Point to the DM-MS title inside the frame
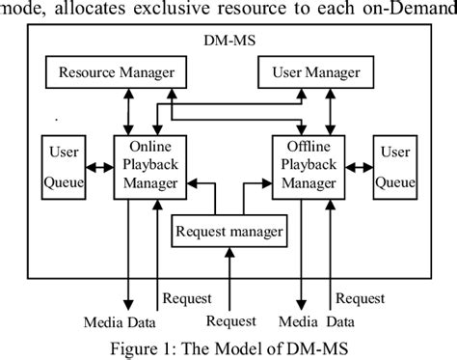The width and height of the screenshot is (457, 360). click(227, 42)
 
